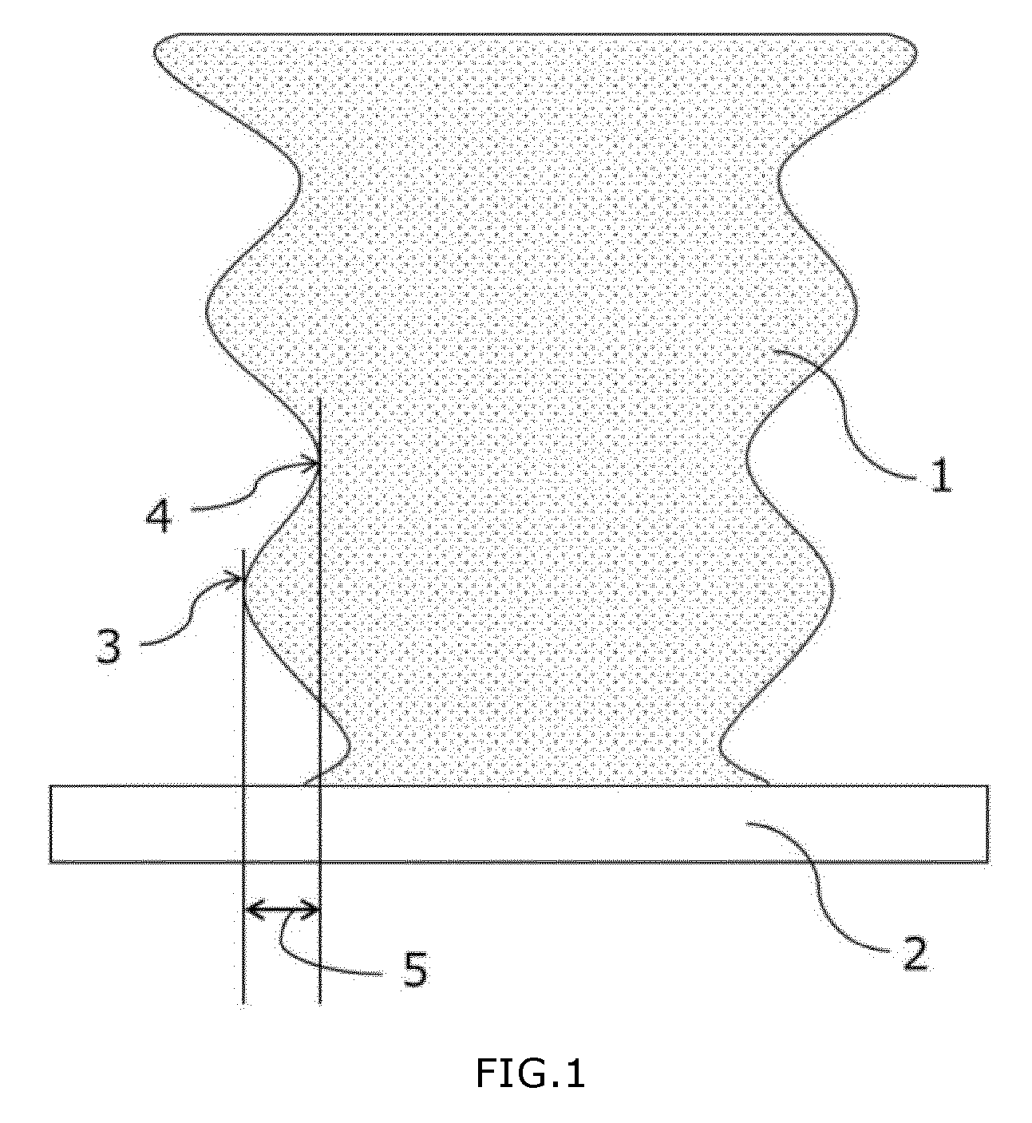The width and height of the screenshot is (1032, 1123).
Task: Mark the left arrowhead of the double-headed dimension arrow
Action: point(253,910)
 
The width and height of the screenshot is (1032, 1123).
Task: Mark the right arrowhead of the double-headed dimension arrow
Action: point(310,910)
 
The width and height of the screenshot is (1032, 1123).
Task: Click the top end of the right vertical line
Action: point(319,398)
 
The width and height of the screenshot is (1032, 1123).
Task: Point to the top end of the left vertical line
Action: point(243,550)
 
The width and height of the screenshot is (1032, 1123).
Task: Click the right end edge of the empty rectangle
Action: point(987,824)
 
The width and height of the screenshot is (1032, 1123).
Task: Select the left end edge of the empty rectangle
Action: point(50,824)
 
